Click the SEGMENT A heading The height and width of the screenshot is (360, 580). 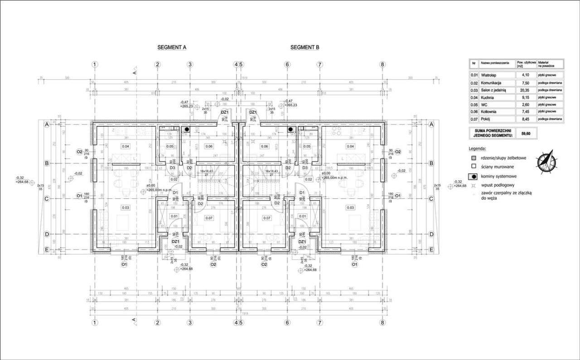[x=172, y=47]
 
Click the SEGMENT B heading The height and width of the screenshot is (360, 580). [x=305, y=47]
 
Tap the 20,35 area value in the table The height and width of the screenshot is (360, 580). [x=526, y=90]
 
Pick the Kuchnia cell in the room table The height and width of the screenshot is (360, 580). [x=487, y=97]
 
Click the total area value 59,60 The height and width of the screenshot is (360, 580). [x=526, y=134]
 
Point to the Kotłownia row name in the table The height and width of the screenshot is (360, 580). [x=489, y=111]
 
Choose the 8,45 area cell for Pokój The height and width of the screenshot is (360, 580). [x=526, y=119]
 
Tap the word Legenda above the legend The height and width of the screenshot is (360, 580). [x=478, y=148]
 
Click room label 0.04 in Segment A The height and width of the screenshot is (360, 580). [x=126, y=146]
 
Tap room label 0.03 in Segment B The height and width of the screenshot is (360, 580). [x=350, y=207]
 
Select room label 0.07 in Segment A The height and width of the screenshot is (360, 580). [x=209, y=218]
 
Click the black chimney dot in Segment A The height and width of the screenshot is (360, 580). [x=186, y=129]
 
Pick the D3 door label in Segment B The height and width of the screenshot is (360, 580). [x=305, y=168]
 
